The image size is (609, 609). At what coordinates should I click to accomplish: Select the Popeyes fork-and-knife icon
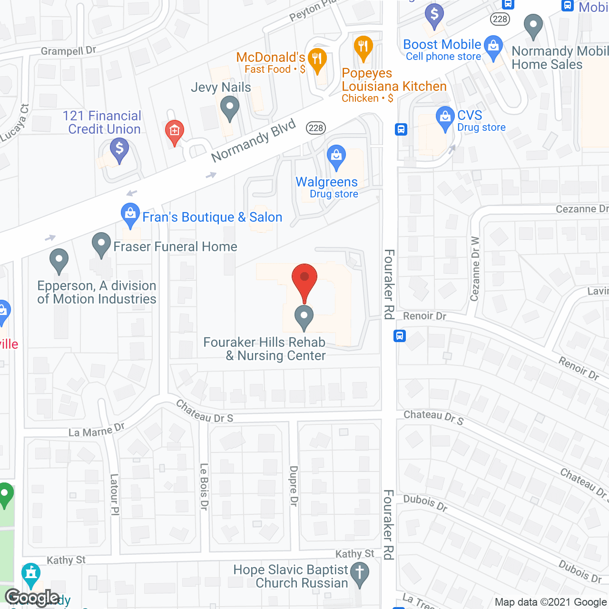coord(363,47)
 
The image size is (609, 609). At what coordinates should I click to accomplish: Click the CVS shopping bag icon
coord(445,117)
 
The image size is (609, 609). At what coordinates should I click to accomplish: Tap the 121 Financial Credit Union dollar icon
coord(119,149)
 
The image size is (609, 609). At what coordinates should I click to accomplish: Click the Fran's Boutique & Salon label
coord(212,217)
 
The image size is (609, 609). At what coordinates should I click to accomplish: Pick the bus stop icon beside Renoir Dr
coord(400,336)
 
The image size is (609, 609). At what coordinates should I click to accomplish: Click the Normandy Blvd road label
coord(254,141)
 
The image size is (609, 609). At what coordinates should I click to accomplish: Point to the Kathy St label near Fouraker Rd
coord(354,554)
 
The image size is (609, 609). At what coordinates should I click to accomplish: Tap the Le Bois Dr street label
coord(204,487)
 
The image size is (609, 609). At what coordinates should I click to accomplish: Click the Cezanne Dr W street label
coord(475,269)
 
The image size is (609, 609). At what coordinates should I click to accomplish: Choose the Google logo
coord(32,598)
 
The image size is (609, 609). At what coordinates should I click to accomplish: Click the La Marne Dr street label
coord(97,430)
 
